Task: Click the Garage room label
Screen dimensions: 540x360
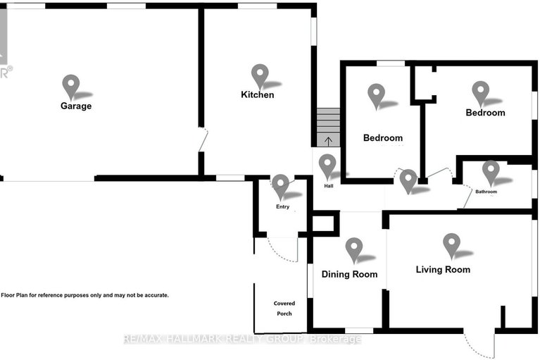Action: click(76, 106)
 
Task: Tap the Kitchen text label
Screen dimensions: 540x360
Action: click(258, 94)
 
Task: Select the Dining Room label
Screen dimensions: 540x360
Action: click(349, 274)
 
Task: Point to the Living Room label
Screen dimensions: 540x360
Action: click(443, 269)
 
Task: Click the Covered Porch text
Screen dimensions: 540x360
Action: click(284, 309)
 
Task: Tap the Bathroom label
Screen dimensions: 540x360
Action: click(486, 192)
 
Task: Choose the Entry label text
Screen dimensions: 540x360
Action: click(283, 206)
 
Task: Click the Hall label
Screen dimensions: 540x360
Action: click(329, 186)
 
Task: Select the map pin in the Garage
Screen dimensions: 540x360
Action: click(71, 87)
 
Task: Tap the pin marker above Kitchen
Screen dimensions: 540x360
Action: click(260, 77)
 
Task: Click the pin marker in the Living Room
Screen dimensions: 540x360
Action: click(451, 246)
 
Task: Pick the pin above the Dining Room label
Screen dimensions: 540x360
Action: click(354, 250)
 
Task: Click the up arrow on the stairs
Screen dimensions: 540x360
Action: click(329, 141)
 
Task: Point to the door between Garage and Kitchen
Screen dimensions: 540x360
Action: click(203, 139)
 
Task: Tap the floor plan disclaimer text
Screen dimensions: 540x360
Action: click(85, 295)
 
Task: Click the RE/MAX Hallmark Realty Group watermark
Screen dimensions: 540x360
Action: click(242, 339)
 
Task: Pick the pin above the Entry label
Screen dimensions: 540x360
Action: click(280, 187)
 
